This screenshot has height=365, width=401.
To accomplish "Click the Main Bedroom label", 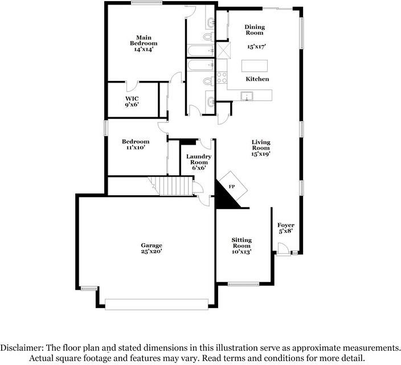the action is (x=144, y=40).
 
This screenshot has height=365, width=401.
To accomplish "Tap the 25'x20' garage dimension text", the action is (x=152, y=251).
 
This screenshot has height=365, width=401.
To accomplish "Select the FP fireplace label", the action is (x=232, y=187).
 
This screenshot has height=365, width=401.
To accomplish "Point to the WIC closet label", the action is (x=132, y=99).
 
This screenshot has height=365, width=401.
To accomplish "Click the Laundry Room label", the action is (x=199, y=159).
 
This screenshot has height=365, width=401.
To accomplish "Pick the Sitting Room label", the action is (x=242, y=243).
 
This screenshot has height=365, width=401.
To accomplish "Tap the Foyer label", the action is (x=286, y=225).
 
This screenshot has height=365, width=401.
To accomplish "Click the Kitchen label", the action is (x=257, y=79).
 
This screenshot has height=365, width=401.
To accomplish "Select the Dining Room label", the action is (x=255, y=30).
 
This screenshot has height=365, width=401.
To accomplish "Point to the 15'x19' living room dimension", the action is (x=261, y=154).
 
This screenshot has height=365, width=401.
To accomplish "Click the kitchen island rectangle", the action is (x=255, y=66).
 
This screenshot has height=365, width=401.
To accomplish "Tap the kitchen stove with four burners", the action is (x=222, y=77).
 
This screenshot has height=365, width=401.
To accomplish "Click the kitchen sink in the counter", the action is (x=247, y=96).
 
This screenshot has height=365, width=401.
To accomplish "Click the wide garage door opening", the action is (x=157, y=304).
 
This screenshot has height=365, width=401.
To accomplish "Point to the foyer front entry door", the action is (x=283, y=249).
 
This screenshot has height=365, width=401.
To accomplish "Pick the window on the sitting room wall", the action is (x=243, y=284).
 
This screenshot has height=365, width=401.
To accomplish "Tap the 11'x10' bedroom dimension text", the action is (x=136, y=147).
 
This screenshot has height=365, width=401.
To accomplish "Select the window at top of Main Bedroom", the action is (x=147, y=2).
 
